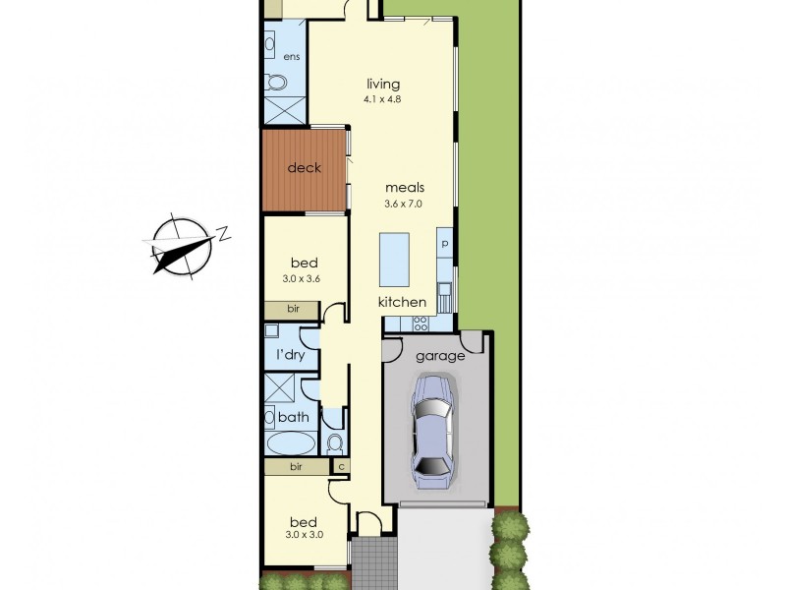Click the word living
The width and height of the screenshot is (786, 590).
click(x=383, y=85)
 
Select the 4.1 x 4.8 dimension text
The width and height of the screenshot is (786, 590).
click(x=383, y=98)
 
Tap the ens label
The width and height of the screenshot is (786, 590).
click(x=292, y=57)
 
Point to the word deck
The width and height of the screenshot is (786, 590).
click(x=305, y=168)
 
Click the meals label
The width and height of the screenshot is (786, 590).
click(x=404, y=187)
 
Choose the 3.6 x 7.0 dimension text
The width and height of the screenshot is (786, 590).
click(x=404, y=203)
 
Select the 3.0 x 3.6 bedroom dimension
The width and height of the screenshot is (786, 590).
click(x=304, y=278)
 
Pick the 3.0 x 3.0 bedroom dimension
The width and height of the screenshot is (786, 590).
click(x=304, y=534)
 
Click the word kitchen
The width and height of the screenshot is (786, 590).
click(x=403, y=302)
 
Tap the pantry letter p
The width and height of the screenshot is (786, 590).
click(x=445, y=243)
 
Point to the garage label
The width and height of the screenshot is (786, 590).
click(x=439, y=356)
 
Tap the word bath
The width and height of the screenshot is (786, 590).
click(x=294, y=417)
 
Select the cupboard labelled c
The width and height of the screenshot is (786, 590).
click(x=341, y=467)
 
